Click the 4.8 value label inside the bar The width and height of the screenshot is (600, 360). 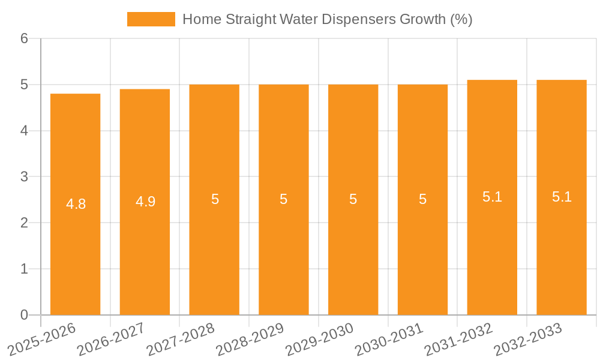click(76, 204)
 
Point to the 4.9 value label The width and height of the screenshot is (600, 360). click(145, 202)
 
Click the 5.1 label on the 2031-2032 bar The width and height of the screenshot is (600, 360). click(492, 197)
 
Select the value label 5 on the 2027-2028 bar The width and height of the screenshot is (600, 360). click(215, 199)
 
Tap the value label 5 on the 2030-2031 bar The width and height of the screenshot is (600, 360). click(422, 199)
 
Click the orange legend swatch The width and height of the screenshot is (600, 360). click(151, 19)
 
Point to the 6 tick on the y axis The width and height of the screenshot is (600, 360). click(24, 38)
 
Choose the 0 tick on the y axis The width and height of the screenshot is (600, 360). click(24, 315)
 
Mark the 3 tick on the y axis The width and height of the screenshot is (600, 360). click(24, 177)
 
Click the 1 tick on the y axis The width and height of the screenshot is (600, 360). click(24, 269)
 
